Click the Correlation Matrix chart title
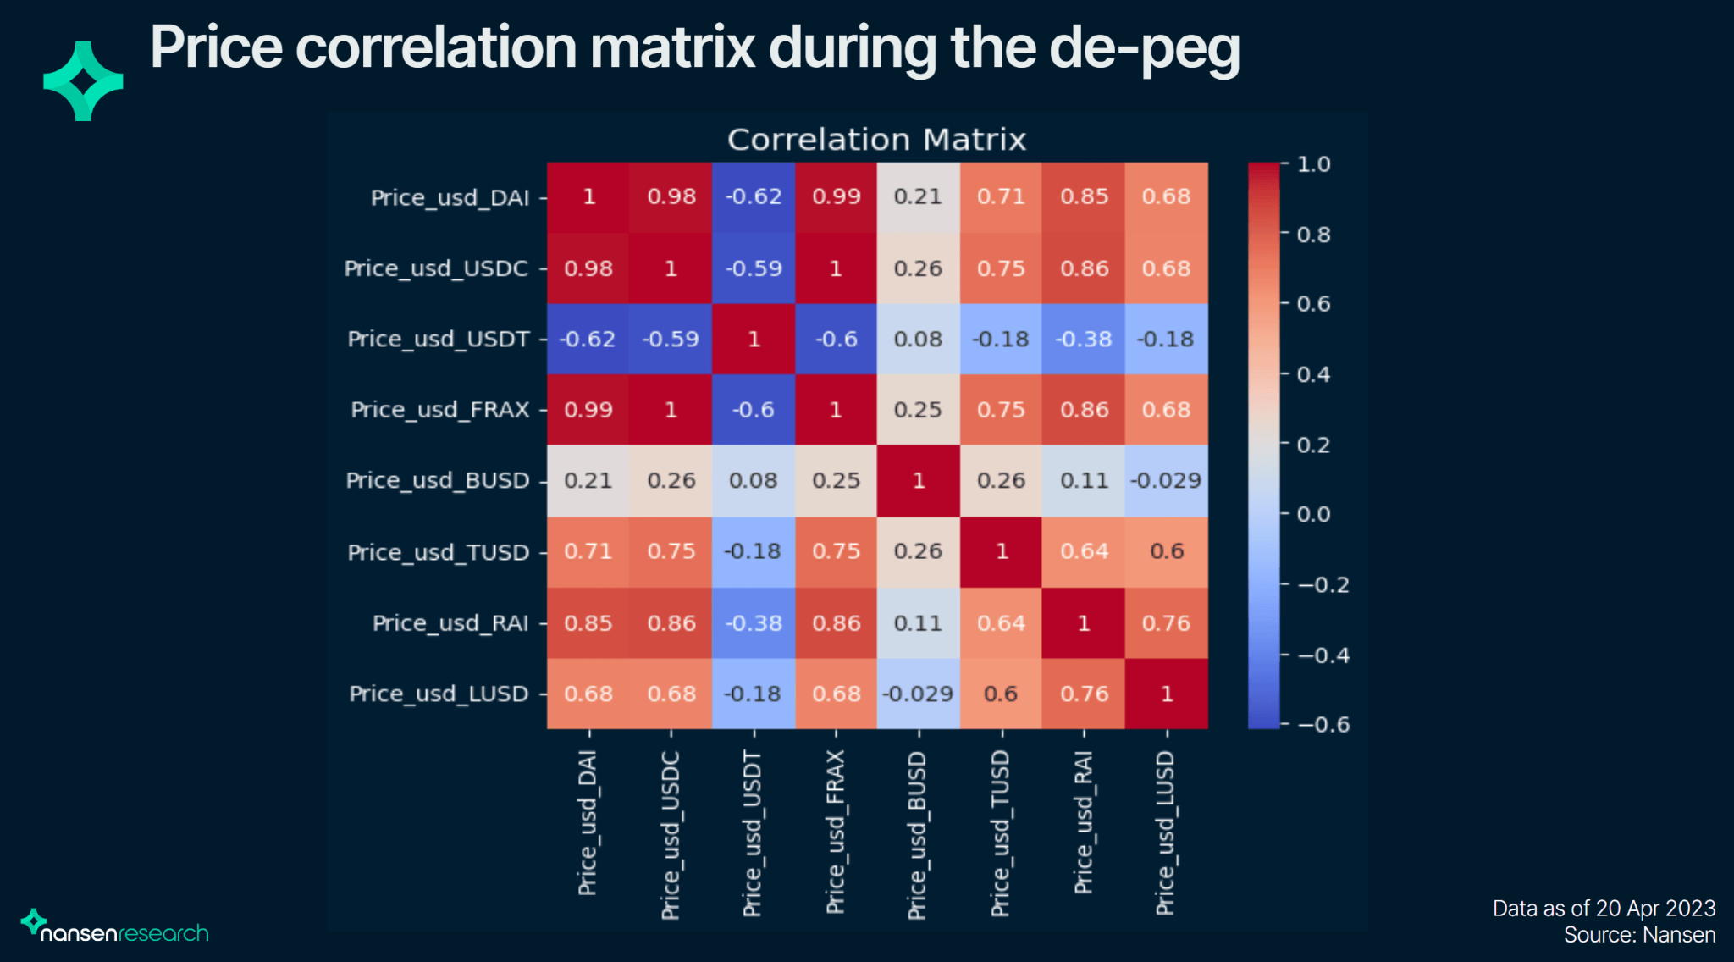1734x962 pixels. point(876,140)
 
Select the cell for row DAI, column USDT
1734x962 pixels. point(754,197)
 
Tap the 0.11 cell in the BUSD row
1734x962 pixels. point(1084,481)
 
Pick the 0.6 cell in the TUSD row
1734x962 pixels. point(1167,551)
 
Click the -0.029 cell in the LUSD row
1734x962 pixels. point(918,694)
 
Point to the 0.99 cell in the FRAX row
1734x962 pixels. point(588,410)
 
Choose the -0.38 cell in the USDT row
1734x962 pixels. point(1084,340)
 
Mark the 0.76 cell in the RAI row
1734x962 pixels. point(1167,623)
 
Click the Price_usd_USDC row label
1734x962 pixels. point(436,268)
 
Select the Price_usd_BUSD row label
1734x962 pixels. point(438,481)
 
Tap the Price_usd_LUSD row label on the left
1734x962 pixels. point(439,694)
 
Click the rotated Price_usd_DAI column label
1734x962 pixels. point(588,822)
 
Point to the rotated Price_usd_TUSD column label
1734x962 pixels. point(1001,833)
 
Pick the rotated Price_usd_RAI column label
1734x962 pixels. point(1084,822)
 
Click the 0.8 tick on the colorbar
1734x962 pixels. point(1313,235)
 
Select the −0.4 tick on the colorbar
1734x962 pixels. point(1323,655)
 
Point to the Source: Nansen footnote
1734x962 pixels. point(1639,935)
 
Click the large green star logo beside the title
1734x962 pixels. point(83,81)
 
